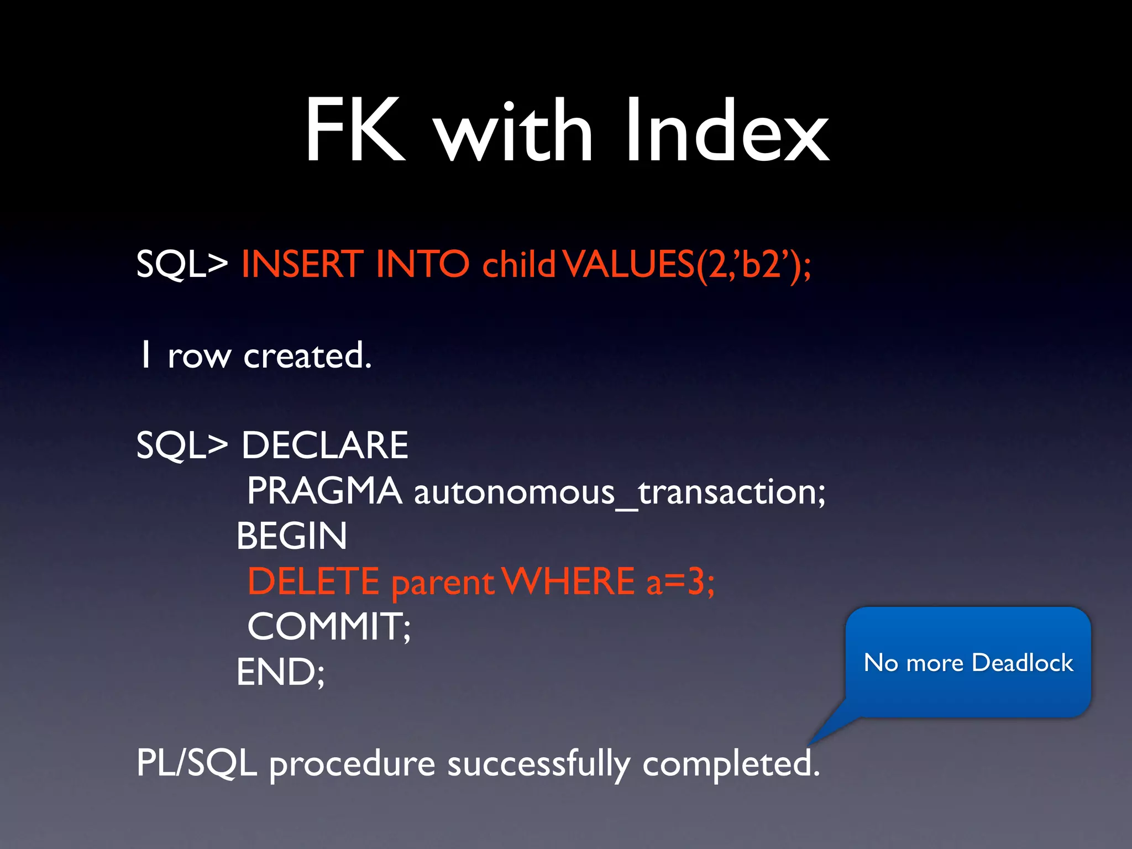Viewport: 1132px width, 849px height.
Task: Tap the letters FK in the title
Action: click(x=355, y=132)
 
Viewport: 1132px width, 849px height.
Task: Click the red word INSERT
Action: click(x=302, y=264)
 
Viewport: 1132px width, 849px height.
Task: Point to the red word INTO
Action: click(x=422, y=264)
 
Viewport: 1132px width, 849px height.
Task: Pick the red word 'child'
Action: click(x=518, y=264)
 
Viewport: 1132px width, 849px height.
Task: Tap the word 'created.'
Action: click(x=307, y=355)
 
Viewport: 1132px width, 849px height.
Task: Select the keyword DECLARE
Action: click(x=325, y=446)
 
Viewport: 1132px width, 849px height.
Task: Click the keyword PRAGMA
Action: click(x=324, y=491)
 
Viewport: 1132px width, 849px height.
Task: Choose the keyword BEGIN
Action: click(x=292, y=536)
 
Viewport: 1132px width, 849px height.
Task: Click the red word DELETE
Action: click(x=313, y=581)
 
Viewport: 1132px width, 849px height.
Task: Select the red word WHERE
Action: click(x=570, y=581)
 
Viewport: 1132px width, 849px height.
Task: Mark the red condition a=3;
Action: click(x=680, y=581)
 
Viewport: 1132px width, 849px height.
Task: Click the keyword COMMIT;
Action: click(x=329, y=627)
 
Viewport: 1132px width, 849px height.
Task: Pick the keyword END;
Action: click(x=281, y=672)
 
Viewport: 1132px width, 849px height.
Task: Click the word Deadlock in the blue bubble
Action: click(x=1022, y=662)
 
